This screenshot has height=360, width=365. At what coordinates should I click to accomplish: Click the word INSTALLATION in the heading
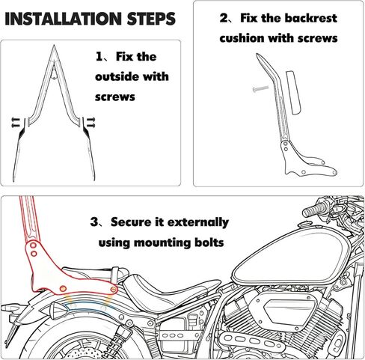click(63, 19)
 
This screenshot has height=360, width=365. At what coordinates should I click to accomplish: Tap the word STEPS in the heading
click(151, 19)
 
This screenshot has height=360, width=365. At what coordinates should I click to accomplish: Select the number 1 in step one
click(99, 57)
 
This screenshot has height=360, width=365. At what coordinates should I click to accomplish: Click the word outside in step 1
click(116, 76)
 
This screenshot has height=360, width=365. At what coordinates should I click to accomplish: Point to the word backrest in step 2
click(310, 18)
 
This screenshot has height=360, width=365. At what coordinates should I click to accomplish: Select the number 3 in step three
click(94, 222)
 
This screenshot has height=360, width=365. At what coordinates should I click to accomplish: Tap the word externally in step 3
click(198, 222)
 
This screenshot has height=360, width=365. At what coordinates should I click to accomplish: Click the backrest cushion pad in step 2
click(293, 93)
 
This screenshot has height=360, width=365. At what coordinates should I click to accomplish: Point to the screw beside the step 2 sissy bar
click(260, 88)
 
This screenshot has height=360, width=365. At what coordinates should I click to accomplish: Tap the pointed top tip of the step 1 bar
click(54, 46)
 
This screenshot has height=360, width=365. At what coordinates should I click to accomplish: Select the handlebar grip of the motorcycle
click(314, 209)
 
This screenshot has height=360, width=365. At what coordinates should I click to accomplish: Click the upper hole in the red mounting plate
click(33, 245)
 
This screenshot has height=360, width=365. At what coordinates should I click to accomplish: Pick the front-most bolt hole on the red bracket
click(114, 290)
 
